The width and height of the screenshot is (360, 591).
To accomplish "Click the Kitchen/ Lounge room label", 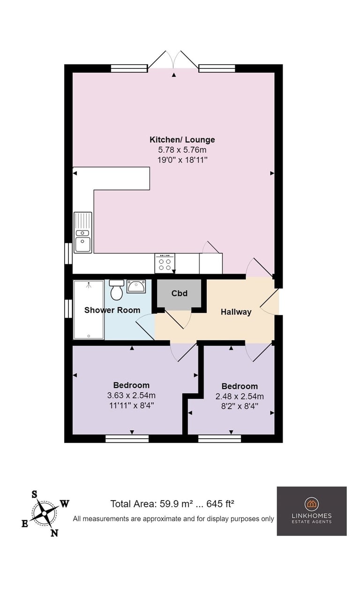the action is [182, 140].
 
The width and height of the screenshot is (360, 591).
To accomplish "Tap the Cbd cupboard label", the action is [180, 293].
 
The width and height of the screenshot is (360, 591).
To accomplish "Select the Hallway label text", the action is [236, 312].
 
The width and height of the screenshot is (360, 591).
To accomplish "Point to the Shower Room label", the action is [112, 310].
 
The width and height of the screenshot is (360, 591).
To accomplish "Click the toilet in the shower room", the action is [116, 290].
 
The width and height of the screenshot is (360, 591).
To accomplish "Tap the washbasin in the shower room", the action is [136, 286].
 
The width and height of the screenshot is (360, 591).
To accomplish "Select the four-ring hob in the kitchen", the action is [165, 263].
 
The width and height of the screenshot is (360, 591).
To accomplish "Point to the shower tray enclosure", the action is [89, 310].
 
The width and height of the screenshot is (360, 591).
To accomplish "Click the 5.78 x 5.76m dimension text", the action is [182, 150].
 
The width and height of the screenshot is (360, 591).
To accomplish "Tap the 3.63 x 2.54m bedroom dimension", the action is [131, 396].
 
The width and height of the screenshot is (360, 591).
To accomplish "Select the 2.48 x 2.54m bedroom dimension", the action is [240, 396].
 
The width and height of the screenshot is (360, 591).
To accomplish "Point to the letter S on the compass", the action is [34, 494].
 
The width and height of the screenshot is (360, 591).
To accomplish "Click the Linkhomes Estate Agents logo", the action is [312, 511].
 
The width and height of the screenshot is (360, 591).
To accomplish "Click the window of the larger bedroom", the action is [127, 439].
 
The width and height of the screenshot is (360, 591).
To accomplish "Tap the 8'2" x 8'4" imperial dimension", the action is [240, 406].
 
